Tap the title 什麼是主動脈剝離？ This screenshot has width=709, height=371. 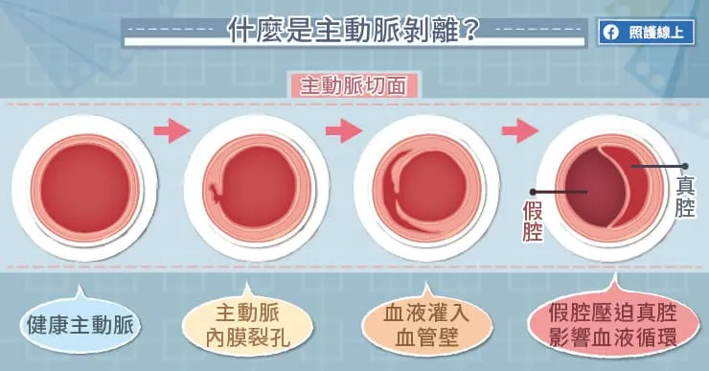354,32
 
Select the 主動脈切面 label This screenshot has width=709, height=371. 354,85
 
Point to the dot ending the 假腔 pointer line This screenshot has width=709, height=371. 586,192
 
